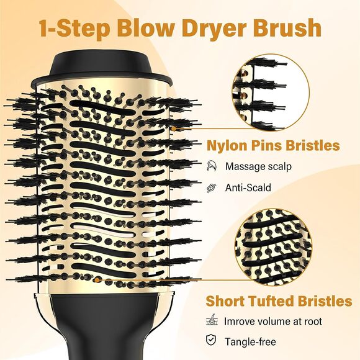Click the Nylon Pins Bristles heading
273,145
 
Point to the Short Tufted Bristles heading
279,301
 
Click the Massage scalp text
258,166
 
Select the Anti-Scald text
248,187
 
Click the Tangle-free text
251,342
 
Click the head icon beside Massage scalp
213,166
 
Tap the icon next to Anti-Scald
213,187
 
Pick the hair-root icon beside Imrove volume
213,321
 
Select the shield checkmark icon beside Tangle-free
213,341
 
